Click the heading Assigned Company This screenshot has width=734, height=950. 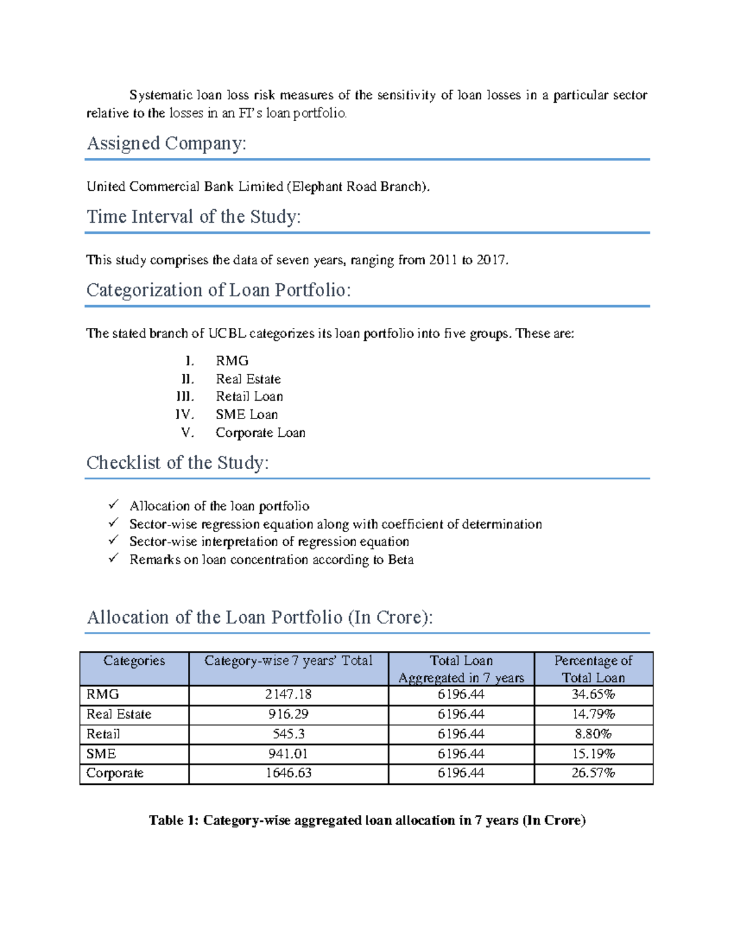(166, 144)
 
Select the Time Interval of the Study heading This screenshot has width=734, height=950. (193, 217)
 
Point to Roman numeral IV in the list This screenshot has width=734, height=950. (183, 415)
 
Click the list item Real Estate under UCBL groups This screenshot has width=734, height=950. (248, 379)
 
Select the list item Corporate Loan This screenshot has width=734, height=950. (260, 433)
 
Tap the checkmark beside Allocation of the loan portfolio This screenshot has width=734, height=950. (113, 505)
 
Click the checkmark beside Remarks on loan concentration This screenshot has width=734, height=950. (113, 558)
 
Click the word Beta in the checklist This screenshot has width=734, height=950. (401, 560)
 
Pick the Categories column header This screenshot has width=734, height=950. (134, 661)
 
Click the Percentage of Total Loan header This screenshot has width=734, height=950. (593, 669)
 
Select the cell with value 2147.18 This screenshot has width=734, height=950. (288, 694)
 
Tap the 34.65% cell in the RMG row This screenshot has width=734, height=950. (593, 694)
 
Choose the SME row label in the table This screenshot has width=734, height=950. (101, 754)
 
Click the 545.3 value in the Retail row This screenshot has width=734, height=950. (288, 734)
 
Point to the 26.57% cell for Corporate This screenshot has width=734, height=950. (593, 773)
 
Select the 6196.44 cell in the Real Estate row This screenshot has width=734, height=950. (461, 714)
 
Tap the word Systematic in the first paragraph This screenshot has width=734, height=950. (161, 95)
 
